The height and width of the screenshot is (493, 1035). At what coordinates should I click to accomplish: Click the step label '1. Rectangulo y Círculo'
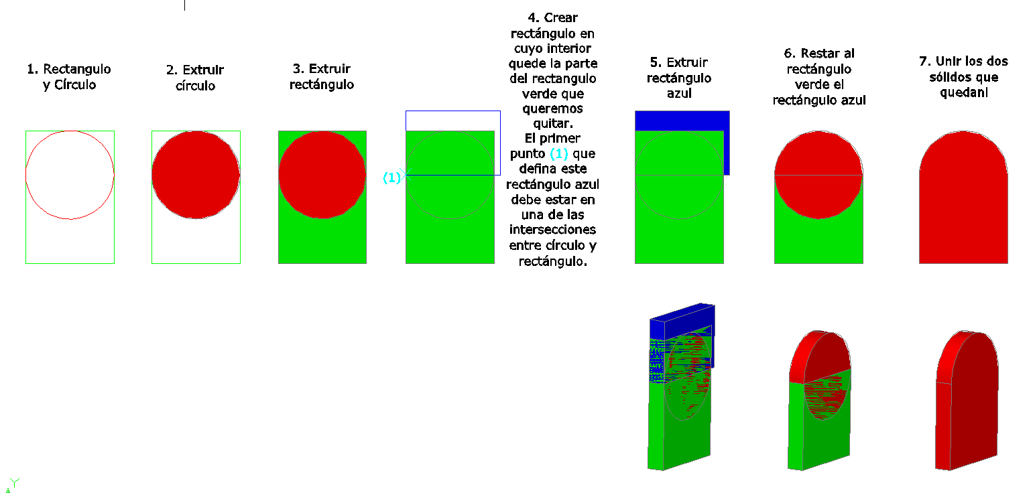(x=69, y=76)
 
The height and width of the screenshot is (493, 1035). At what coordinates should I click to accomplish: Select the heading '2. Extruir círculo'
(x=195, y=78)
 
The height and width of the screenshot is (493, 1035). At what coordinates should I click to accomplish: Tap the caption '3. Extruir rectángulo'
(x=322, y=76)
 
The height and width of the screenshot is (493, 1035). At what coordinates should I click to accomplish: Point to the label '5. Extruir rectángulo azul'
(x=679, y=78)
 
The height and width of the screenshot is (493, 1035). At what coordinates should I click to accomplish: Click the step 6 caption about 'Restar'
(x=818, y=76)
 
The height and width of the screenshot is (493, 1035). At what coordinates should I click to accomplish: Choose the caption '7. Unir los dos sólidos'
(x=963, y=76)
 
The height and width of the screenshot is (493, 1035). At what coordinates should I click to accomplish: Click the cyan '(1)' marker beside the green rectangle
(x=392, y=178)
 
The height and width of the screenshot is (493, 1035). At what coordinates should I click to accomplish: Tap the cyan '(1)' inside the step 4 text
(x=558, y=153)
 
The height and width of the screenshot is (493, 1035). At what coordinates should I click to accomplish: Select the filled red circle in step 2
(x=196, y=175)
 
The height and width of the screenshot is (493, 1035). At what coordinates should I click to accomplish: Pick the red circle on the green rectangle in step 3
(x=322, y=175)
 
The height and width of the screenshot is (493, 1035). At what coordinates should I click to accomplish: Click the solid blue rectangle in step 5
(x=682, y=121)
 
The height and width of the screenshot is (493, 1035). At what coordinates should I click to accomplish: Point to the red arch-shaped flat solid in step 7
(x=963, y=198)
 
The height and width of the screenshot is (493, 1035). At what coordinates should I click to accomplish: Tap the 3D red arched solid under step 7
(x=967, y=401)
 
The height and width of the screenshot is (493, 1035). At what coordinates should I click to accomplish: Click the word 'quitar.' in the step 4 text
(x=552, y=124)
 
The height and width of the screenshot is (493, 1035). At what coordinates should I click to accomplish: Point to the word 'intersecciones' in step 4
(x=552, y=230)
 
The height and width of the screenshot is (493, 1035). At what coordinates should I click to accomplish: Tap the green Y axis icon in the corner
(x=14, y=483)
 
